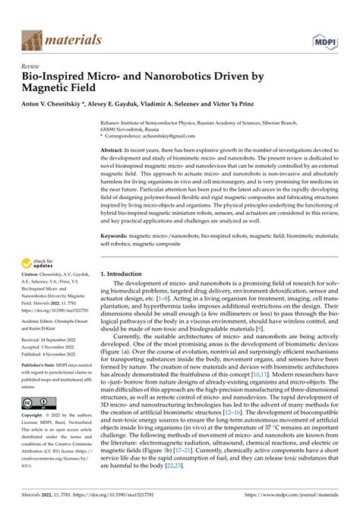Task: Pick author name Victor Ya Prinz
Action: [x=258, y=106]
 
